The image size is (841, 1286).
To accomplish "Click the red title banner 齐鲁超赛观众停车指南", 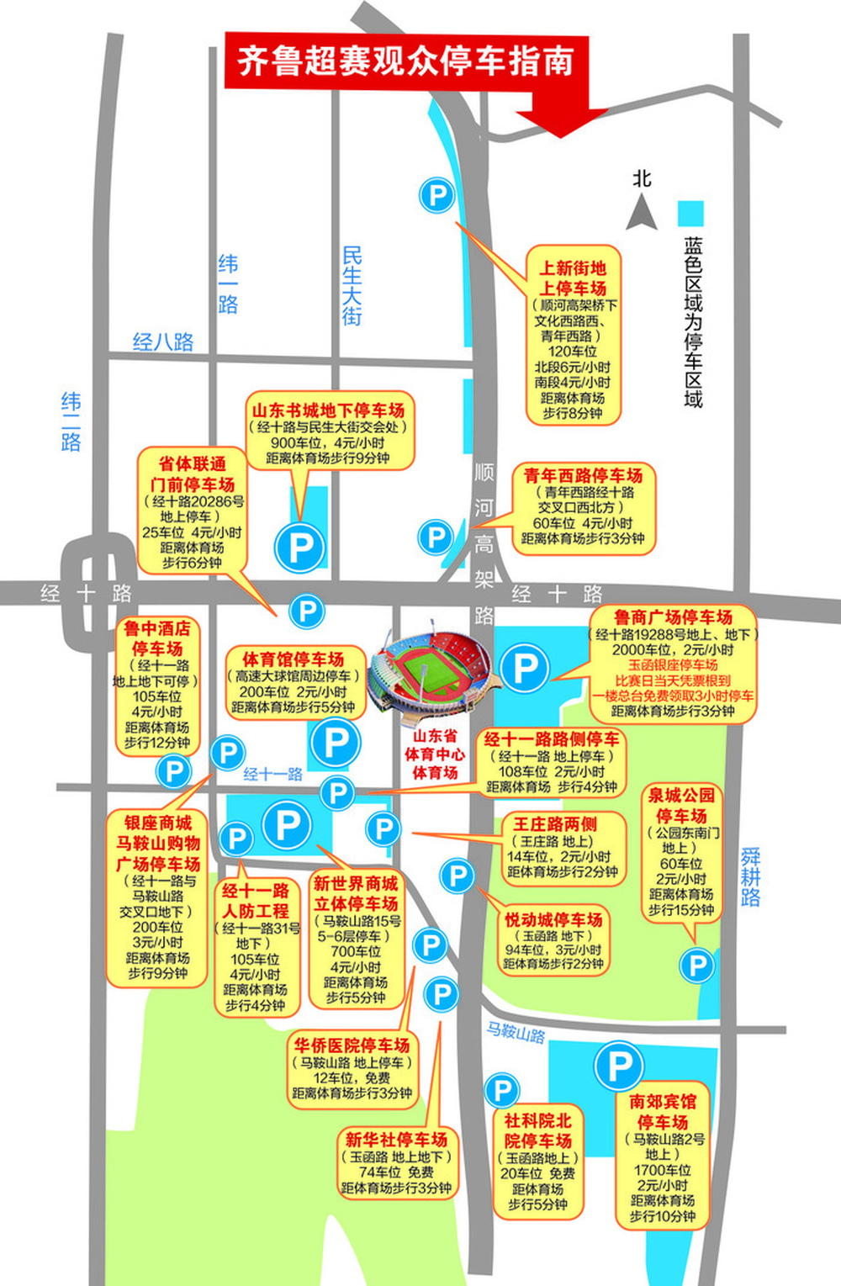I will click(x=405, y=61).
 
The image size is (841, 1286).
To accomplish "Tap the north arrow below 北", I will click(x=642, y=212).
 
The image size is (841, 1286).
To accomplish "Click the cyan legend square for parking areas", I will click(x=691, y=212).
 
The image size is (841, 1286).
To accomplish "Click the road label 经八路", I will click(x=163, y=341).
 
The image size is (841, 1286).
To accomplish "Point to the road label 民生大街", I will click(x=352, y=286).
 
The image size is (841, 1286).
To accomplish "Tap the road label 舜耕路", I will click(x=750, y=876).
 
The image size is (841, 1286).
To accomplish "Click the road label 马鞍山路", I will click(x=516, y=1032).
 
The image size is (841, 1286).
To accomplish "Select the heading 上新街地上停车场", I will click(x=573, y=278).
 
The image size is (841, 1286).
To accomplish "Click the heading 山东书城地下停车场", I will click(x=329, y=410).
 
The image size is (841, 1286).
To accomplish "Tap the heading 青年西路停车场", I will click(x=583, y=476).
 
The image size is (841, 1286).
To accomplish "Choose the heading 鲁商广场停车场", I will click(x=673, y=617).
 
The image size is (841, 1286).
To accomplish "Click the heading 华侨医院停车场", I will click(x=352, y=1045).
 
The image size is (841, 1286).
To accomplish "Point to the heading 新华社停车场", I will click(x=396, y=1140).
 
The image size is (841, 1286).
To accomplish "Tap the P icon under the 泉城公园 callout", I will click(x=697, y=965).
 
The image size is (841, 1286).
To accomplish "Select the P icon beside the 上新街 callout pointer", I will click(x=437, y=196).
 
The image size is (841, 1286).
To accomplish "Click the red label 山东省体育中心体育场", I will click(x=434, y=754).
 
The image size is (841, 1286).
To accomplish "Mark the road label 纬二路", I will click(x=71, y=422).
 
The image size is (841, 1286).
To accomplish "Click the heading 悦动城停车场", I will click(x=553, y=919).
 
